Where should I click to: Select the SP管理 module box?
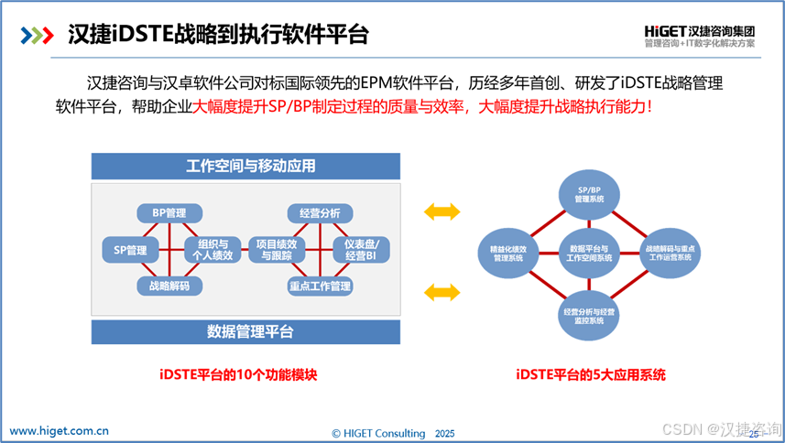click(130, 249)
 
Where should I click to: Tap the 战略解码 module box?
click(169, 286)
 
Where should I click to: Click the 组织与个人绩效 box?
click(213, 249)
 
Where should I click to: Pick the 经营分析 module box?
click(320, 213)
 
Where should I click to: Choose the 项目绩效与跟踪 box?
click(278, 249)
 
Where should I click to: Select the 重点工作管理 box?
click(320, 286)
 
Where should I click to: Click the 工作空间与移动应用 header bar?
click(245, 166)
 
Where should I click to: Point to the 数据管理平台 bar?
click(245, 331)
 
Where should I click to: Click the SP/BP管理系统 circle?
click(589, 195)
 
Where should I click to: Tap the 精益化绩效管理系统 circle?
click(507, 254)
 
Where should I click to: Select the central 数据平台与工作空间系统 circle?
click(589, 254)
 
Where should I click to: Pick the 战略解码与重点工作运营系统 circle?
click(672, 254)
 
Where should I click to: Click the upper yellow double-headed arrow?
click(442, 212)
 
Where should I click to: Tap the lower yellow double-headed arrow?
click(442, 291)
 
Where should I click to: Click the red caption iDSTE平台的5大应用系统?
click(590, 374)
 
